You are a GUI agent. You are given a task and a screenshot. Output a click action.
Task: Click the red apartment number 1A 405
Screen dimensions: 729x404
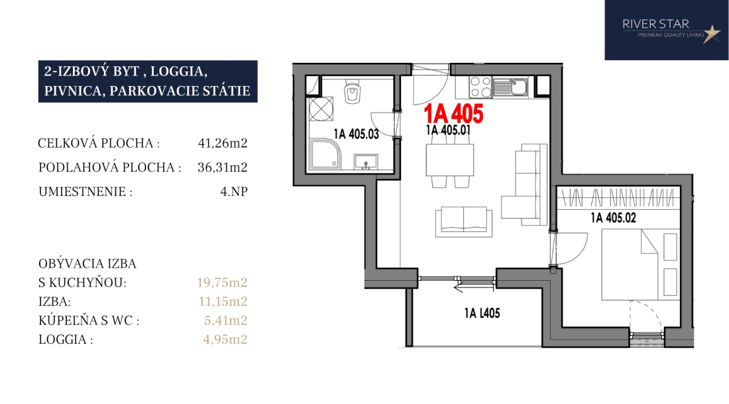(453, 113)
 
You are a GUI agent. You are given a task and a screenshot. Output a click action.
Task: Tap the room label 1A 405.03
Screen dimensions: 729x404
(356, 134)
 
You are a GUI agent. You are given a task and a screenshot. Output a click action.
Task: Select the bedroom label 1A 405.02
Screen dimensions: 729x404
(613, 217)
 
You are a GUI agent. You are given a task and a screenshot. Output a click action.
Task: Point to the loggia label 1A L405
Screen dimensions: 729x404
(482, 313)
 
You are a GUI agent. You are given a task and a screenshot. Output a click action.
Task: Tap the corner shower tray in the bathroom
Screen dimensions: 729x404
(325, 154)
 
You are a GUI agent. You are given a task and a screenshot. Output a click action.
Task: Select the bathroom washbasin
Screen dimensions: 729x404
(366, 162)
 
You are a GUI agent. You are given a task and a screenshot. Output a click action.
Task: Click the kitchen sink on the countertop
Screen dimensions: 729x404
(510, 87)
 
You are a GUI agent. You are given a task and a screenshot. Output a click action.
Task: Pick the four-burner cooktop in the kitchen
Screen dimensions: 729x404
(480, 87)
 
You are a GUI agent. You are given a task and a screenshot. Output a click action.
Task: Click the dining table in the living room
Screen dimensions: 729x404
(449, 160)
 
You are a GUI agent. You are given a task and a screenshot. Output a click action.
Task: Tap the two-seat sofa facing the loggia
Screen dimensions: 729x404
(463, 222)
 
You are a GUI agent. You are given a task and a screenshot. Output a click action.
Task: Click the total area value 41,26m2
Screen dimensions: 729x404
(223, 143)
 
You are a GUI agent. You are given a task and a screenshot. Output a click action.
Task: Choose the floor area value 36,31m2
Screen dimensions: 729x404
(223, 167)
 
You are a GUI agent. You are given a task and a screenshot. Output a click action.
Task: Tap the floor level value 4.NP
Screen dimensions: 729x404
(234, 191)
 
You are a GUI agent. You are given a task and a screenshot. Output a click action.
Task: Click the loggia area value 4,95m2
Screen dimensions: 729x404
(225, 340)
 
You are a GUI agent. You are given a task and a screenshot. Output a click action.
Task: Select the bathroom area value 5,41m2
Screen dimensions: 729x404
(225, 321)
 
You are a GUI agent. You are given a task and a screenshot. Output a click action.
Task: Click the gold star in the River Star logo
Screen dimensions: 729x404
(711, 33)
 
